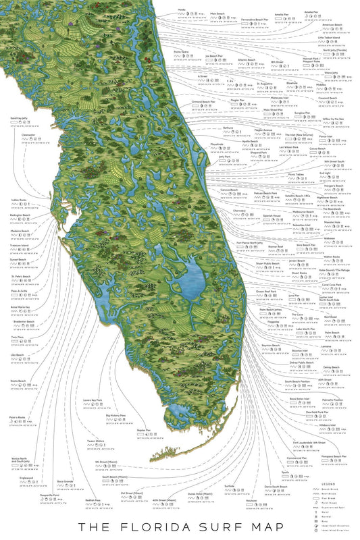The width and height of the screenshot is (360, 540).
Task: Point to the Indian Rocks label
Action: tap(19, 200)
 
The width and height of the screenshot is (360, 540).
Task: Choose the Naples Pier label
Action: tap(143, 429)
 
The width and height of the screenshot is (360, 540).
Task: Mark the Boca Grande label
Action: tap(65, 481)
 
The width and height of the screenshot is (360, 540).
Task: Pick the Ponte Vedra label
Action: tap(182, 52)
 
